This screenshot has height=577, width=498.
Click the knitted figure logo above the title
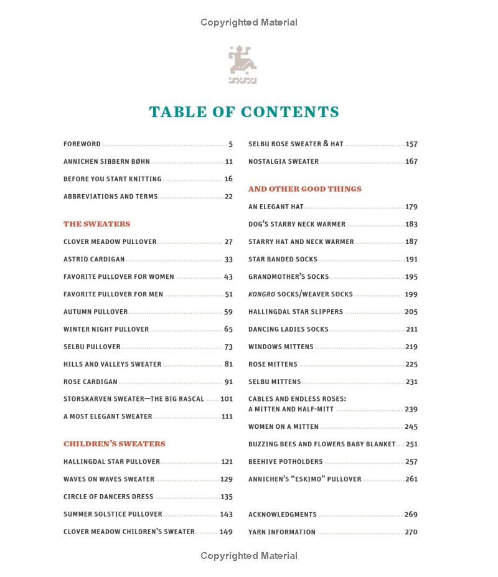coord(242,65)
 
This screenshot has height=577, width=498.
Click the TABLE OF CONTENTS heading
coord(244,112)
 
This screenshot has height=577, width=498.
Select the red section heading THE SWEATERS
coord(96,224)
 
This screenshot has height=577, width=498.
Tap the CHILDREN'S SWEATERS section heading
coord(114,444)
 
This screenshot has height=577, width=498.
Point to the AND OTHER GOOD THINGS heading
coord(304,189)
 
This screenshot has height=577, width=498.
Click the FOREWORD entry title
coord(82,144)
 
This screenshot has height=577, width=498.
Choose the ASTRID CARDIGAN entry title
coord(94,260)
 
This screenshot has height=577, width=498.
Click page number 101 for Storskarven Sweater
coord(227,399)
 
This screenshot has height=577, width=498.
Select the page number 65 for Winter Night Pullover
coord(228,329)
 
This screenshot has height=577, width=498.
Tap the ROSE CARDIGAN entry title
coord(90,382)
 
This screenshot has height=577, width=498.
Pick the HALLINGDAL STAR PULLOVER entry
coord(111,462)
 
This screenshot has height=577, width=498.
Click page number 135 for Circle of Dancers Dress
coord(227,497)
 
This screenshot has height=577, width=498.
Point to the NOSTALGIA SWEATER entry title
coord(283,162)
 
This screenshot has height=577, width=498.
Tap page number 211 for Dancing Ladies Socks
coord(411,329)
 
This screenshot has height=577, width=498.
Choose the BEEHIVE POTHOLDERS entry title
coord(285,462)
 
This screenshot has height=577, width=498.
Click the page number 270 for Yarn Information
coord(411,532)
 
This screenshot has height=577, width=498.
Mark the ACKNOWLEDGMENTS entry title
coord(282,515)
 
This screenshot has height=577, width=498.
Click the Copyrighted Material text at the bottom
coord(249,556)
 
